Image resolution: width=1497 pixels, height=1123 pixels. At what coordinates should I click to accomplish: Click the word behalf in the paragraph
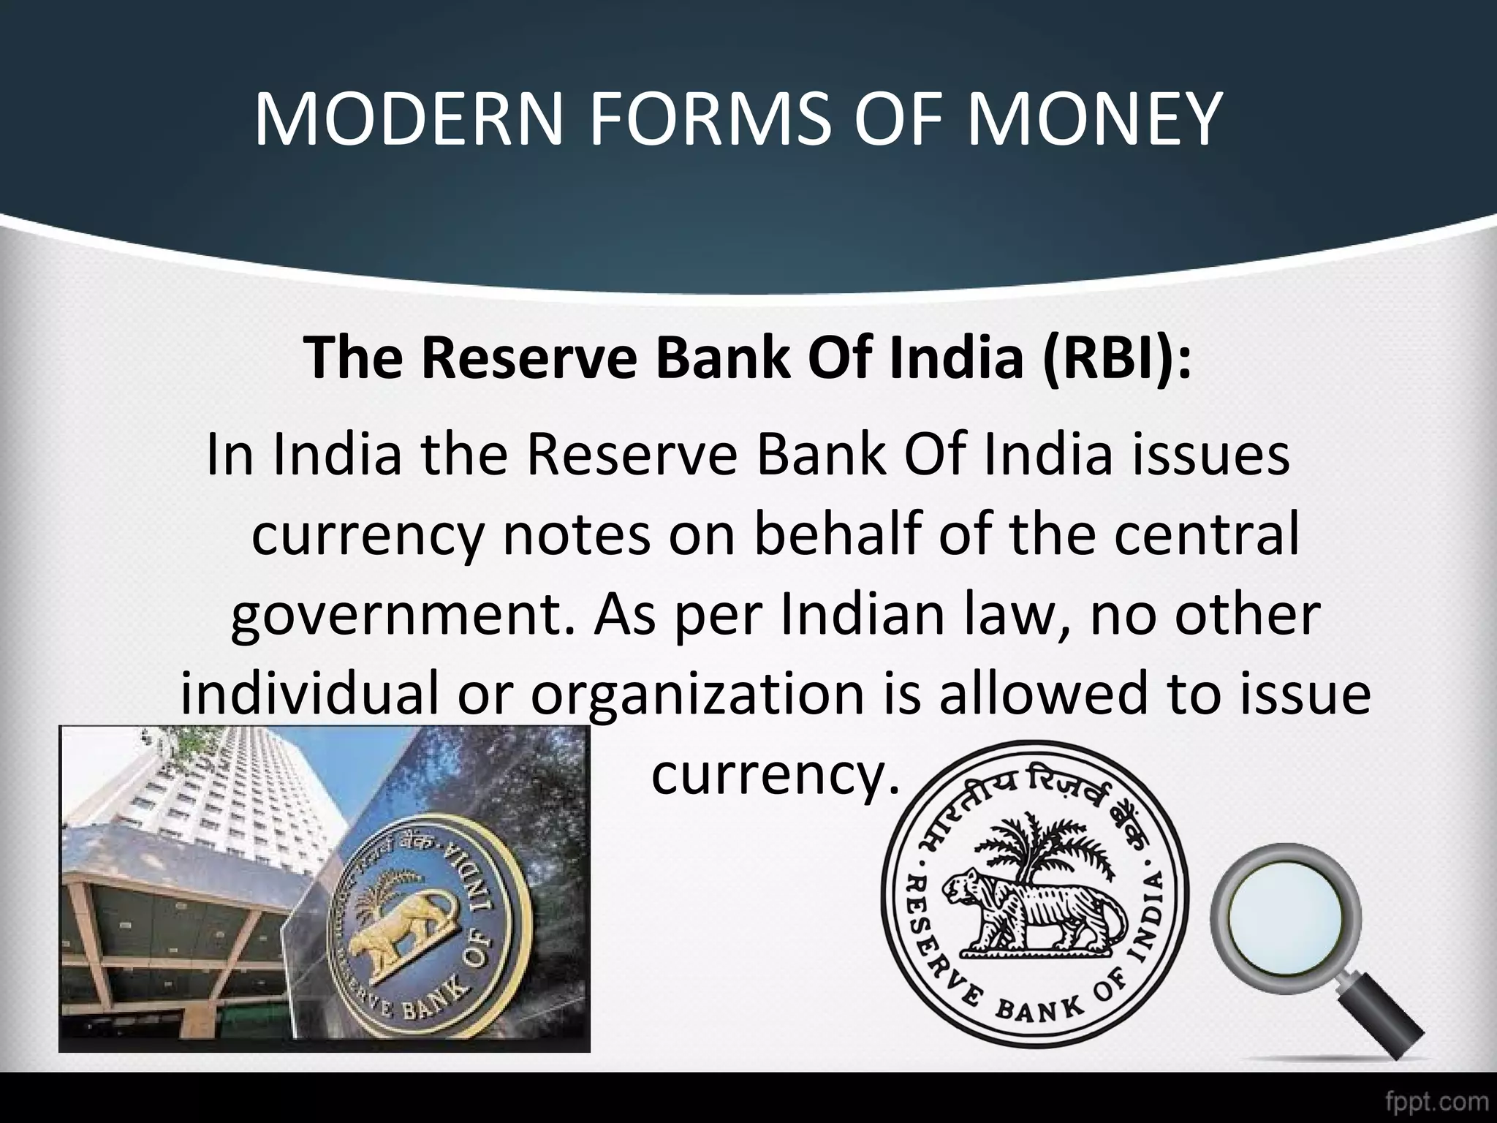(x=833, y=535)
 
